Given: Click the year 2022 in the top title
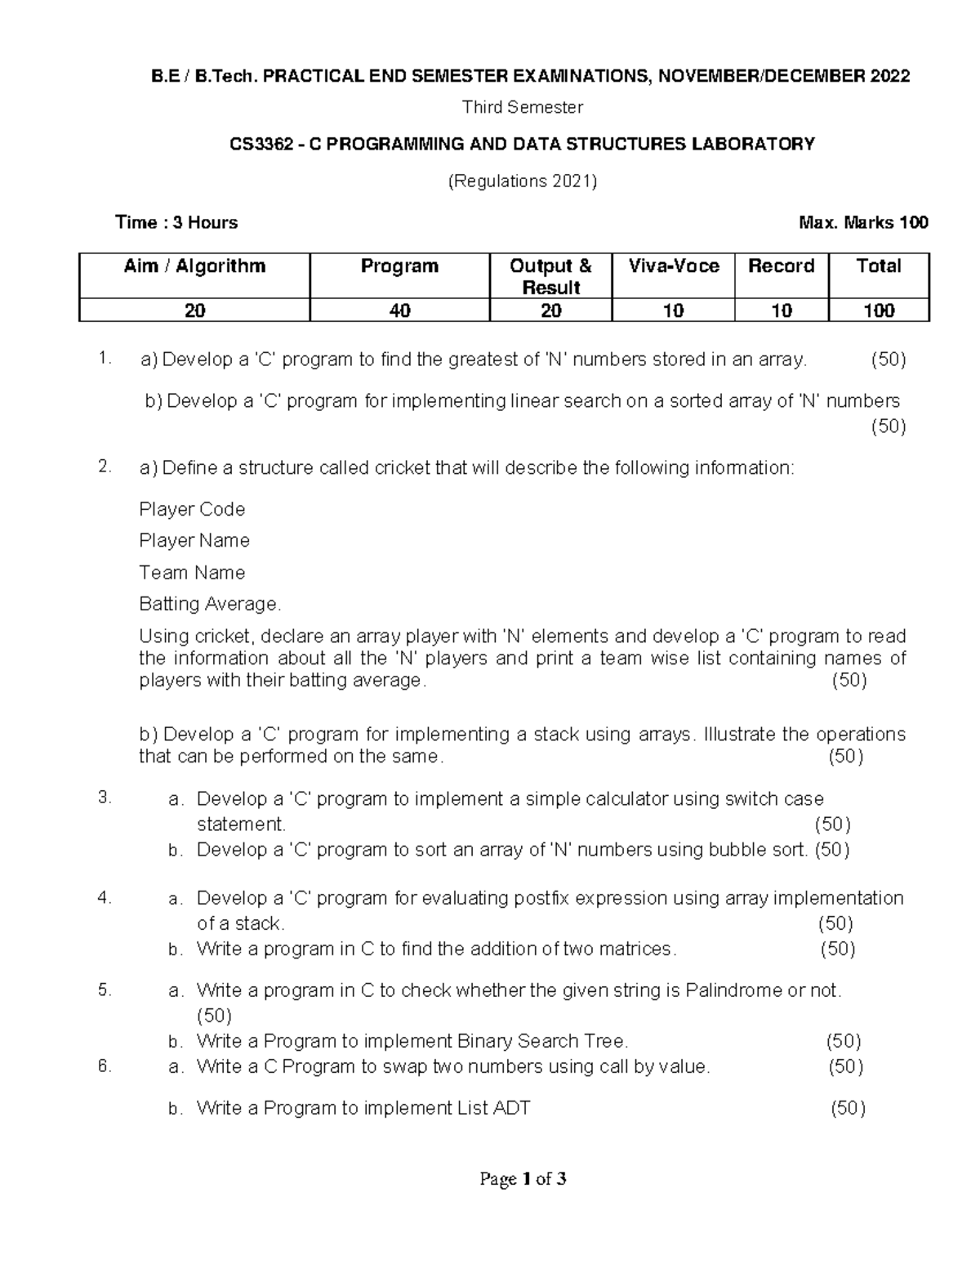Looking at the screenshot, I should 889,77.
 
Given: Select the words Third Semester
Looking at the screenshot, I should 523,107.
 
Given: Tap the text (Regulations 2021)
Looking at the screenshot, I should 523,181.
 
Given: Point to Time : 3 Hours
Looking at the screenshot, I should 176,222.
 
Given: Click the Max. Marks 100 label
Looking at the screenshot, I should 865,222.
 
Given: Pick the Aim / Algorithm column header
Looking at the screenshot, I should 194,266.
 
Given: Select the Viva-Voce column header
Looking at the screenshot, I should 674,266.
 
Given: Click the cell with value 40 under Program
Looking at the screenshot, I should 399,311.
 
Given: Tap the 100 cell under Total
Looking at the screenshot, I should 879,311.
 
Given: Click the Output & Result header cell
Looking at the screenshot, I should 550,276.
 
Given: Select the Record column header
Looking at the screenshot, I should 782,266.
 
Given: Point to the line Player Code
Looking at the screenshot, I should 192,509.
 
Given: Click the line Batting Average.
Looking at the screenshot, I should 210,604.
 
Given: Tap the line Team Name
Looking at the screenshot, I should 192,573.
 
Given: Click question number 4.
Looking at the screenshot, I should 104,897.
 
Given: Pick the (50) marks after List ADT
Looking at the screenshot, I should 848,1108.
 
